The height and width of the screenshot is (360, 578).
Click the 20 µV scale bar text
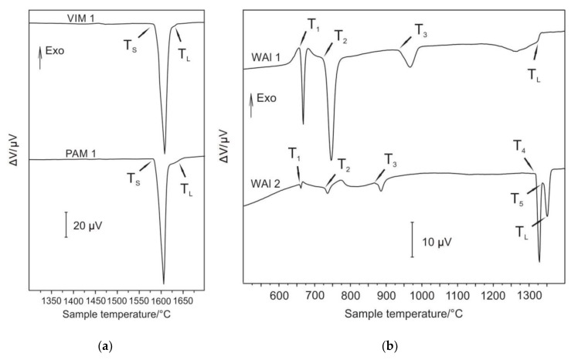tap(90, 226)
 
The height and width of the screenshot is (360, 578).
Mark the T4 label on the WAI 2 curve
tap(521, 147)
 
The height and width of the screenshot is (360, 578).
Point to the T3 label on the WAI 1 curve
tap(420, 30)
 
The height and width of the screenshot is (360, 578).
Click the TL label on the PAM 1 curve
tap(186, 186)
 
